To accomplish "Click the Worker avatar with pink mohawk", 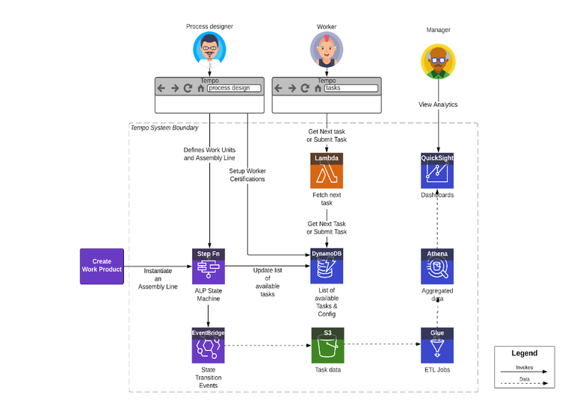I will pos(327,49).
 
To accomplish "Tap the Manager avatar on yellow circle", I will pos(438,60).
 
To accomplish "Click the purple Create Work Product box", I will pos(102,266).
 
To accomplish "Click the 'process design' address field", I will pos(234,88).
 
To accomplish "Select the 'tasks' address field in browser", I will pos(351,88).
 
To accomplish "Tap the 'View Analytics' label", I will pos(438,105).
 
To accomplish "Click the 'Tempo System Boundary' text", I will pos(164,128).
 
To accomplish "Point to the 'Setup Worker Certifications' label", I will pos(247,175).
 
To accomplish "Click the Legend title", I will pos(524,354).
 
